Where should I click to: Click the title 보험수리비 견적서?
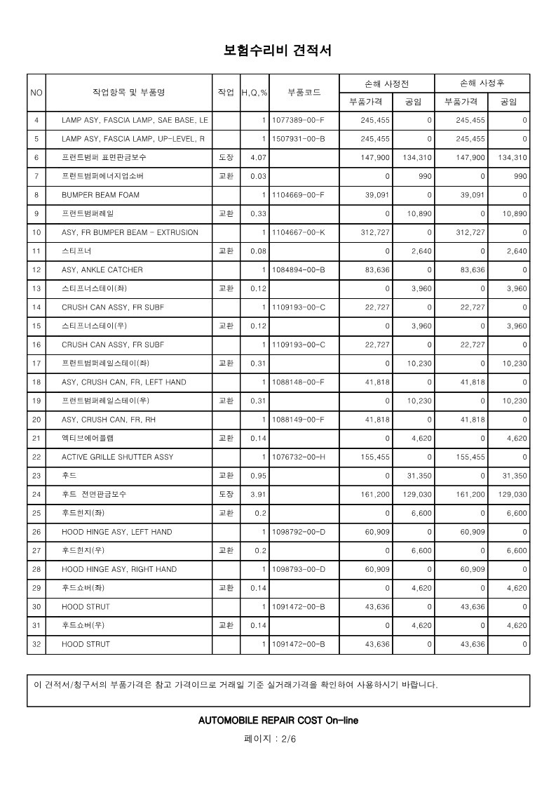(277, 51)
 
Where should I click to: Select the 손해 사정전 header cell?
(386, 83)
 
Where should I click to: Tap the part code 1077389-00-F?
(299, 120)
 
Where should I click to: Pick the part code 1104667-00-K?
(299, 232)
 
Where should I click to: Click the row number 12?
(36, 270)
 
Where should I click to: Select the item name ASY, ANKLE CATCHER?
(102, 270)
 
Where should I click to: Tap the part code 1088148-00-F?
(299, 382)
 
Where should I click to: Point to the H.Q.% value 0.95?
(258, 476)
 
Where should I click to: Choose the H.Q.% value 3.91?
(258, 495)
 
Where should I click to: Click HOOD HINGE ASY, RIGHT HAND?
(119, 569)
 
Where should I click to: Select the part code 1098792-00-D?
(299, 532)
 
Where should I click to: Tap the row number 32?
(36, 644)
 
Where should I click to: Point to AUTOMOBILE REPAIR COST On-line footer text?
(278, 721)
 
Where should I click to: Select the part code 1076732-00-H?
(299, 457)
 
